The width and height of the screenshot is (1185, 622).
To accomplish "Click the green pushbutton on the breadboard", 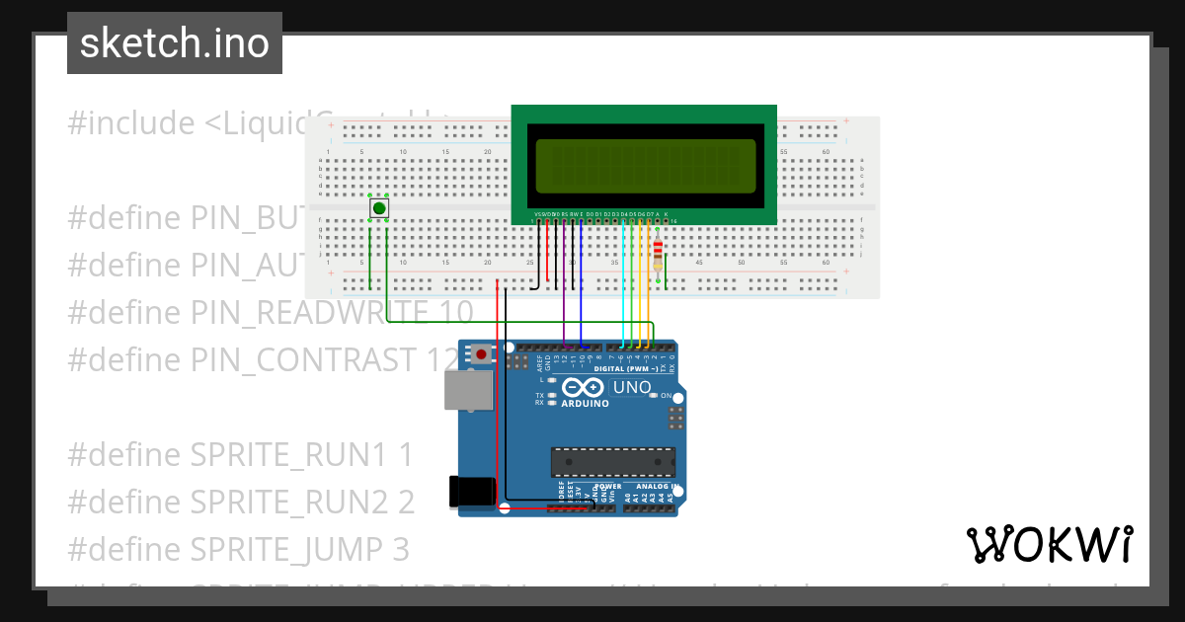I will (378, 208).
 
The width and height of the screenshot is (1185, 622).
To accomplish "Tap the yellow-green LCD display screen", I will (646, 165).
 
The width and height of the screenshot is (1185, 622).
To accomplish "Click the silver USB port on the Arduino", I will (468, 390).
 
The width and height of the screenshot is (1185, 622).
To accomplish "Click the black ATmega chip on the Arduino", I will (612, 462).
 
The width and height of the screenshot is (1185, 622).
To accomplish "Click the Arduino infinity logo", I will (583, 388).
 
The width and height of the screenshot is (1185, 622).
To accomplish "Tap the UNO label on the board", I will (632, 387).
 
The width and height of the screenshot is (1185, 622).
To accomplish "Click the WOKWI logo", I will (1049, 544).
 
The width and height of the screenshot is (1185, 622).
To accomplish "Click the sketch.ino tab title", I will (175, 43).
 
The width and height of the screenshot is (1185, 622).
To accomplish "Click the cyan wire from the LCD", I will (622, 286).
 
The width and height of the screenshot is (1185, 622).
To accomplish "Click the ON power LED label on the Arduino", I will (665, 395).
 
